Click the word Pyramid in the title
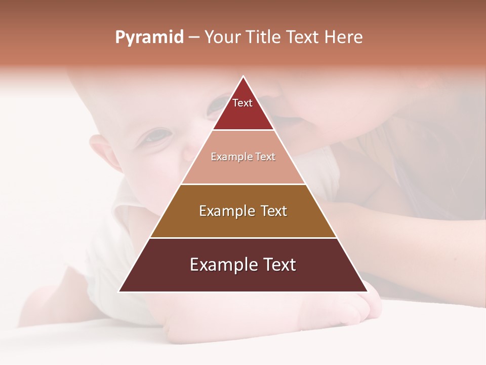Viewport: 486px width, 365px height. point(149,37)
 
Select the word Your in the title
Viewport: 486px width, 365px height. point(222,37)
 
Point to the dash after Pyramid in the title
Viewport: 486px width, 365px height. point(194,38)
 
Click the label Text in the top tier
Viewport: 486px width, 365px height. point(242,103)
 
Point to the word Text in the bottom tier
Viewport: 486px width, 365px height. point(277,265)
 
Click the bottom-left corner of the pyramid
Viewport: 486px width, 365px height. point(119,291)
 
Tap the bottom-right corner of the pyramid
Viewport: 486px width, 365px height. point(368,291)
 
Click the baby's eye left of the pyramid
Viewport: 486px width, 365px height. point(158,135)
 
